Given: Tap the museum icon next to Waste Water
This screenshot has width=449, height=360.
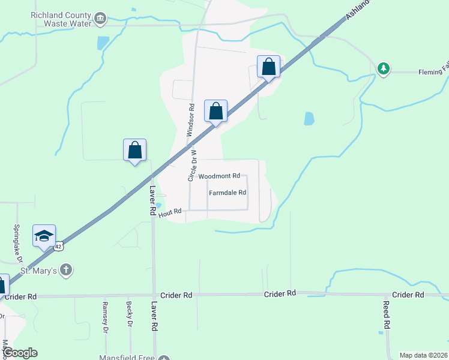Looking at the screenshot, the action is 100,19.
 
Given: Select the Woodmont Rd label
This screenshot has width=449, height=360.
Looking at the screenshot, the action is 219,176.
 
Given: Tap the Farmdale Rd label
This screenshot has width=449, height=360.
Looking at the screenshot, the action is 228,193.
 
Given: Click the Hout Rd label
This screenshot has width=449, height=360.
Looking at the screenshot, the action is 170,212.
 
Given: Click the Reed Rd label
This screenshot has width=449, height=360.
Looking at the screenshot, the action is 387,313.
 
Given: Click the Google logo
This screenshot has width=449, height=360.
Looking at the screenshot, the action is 20,353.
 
